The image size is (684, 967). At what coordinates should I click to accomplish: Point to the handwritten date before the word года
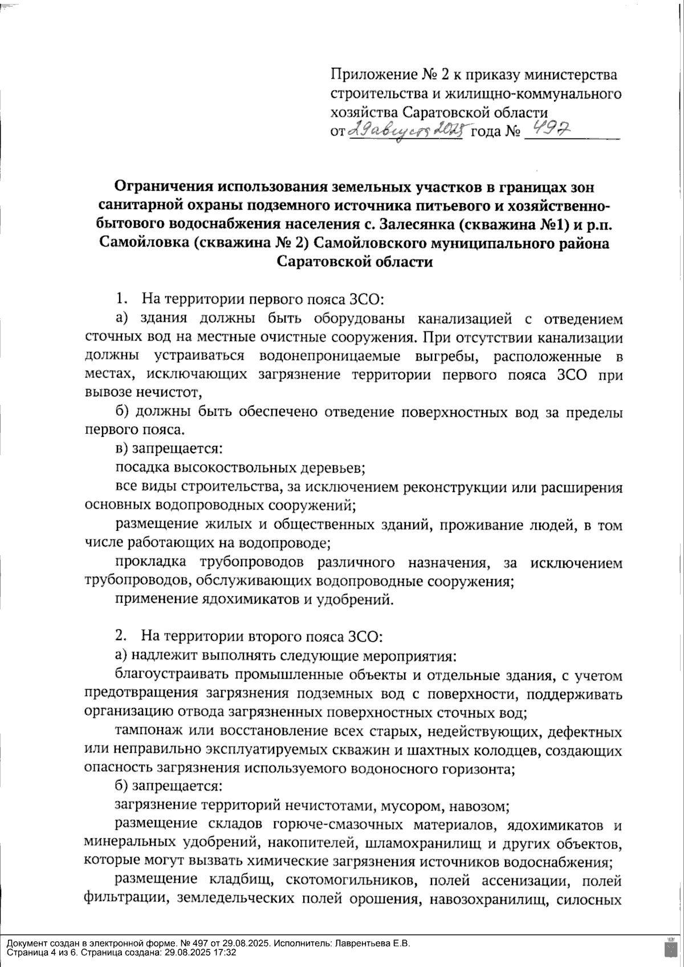407,131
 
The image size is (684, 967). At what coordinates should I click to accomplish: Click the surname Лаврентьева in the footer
362,944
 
